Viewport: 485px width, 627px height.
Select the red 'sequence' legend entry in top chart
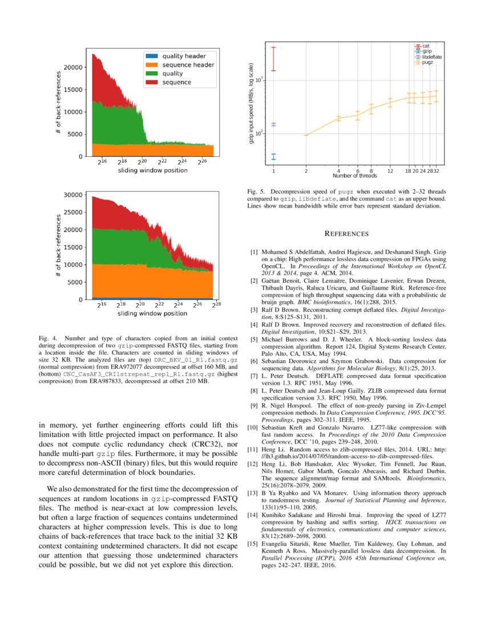pos(177,83)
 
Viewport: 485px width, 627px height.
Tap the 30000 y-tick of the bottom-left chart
pos(74,195)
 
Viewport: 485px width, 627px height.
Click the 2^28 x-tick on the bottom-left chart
pos(216,306)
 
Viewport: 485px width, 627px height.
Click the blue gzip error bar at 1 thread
pos(273,156)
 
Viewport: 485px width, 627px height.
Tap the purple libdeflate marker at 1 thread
pos(273,124)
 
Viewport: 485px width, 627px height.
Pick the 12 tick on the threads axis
pos(390,170)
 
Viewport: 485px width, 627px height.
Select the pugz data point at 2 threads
pos(306,135)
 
